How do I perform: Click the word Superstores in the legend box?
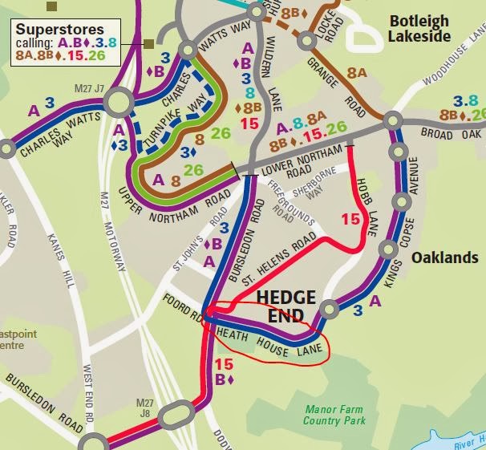click(59, 30)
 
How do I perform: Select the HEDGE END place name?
click(286, 306)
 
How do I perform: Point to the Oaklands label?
click(443, 258)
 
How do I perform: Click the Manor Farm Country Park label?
click(334, 414)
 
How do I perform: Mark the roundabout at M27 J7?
click(118, 102)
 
